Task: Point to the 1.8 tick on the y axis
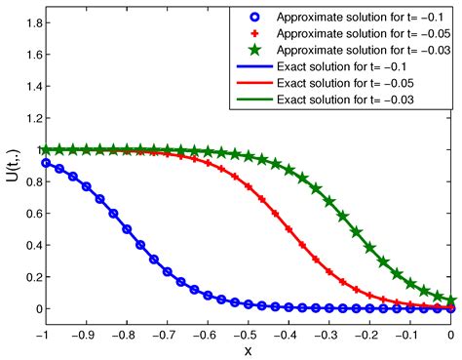(29, 21)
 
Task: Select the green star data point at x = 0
(450, 300)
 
